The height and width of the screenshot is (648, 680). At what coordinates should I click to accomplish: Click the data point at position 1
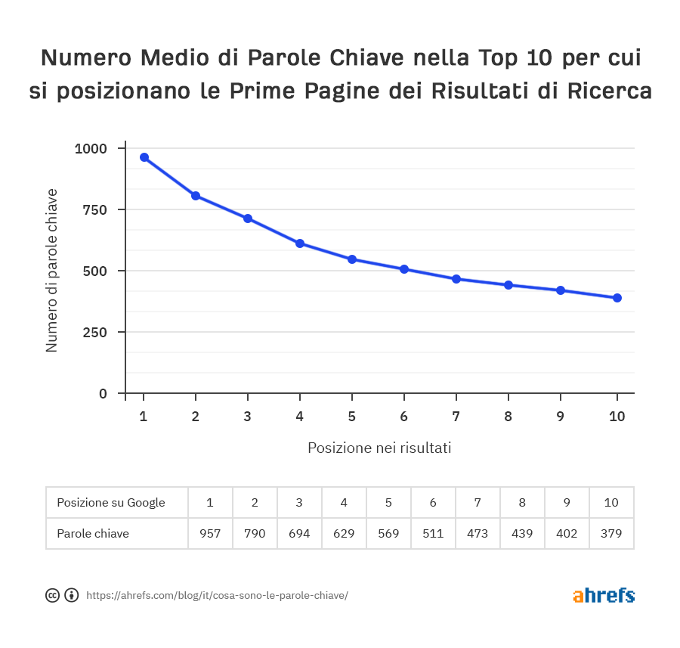click(x=144, y=157)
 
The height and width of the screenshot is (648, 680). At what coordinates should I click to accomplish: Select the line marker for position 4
click(x=300, y=243)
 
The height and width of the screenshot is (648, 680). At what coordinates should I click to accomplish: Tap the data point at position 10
click(x=617, y=298)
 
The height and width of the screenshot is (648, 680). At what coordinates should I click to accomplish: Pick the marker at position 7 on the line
click(x=456, y=279)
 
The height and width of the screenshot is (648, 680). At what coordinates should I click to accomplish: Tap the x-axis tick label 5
click(x=352, y=416)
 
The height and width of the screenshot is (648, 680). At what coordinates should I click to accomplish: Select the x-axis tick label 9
click(x=561, y=416)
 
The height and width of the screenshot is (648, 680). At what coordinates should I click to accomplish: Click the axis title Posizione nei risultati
click(x=379, y=448)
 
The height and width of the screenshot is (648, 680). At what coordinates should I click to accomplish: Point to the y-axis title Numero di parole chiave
click(x=51, y=271)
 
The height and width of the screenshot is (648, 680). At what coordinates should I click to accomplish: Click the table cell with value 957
click(x=210, y=533)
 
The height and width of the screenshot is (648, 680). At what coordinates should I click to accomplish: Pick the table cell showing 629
click(x=344, y=533)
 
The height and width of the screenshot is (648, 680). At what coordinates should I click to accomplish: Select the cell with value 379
click(x=611, y=533)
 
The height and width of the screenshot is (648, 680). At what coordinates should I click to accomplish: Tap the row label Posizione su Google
click(x=111, y=502)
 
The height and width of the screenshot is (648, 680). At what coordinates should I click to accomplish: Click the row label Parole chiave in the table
click(x=93, y=533)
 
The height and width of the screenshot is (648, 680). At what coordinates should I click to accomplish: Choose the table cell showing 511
click(x=433, y=533)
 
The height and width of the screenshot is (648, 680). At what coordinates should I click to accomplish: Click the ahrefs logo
click(x=604, y=595)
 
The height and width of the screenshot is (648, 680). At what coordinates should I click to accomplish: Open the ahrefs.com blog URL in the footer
click(x=218, y=595)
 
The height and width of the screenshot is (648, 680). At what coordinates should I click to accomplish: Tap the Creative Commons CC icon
click(x=53, y=595)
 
